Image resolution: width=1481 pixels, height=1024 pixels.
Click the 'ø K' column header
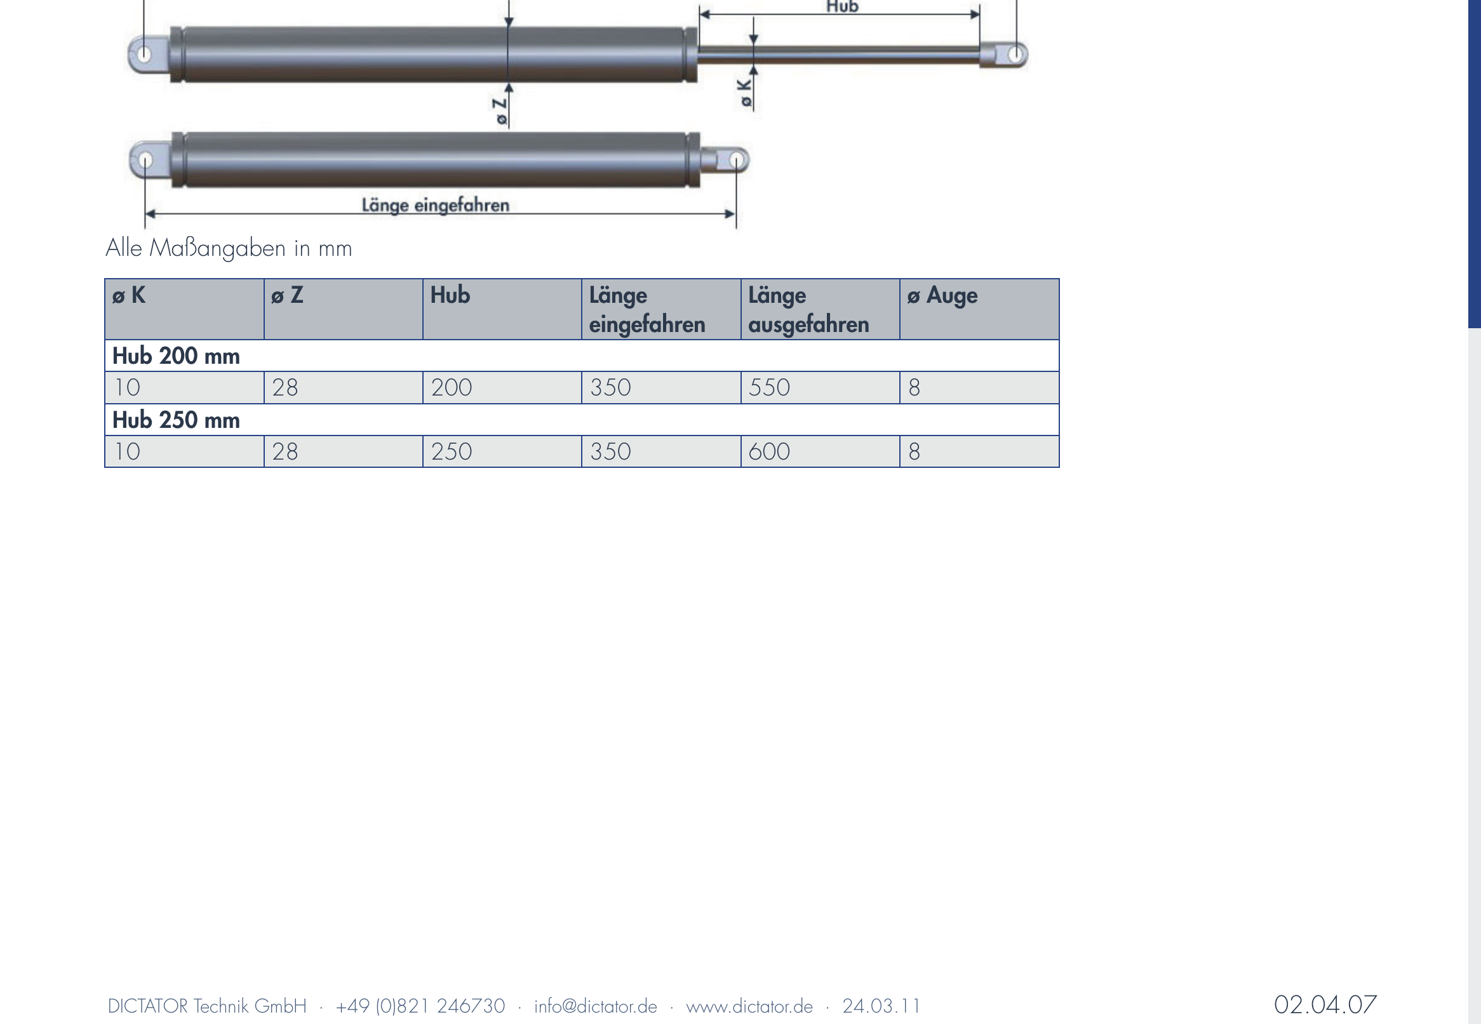pos(129,295)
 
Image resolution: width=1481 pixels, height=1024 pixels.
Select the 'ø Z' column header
pos(287,295)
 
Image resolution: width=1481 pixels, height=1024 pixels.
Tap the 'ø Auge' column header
pos(942,296)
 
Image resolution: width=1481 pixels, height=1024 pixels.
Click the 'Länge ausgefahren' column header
pos(808,310)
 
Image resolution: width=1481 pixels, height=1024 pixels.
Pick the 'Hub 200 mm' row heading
pos(176,356)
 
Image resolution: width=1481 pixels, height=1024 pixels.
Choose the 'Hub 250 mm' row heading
pos(176,420)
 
